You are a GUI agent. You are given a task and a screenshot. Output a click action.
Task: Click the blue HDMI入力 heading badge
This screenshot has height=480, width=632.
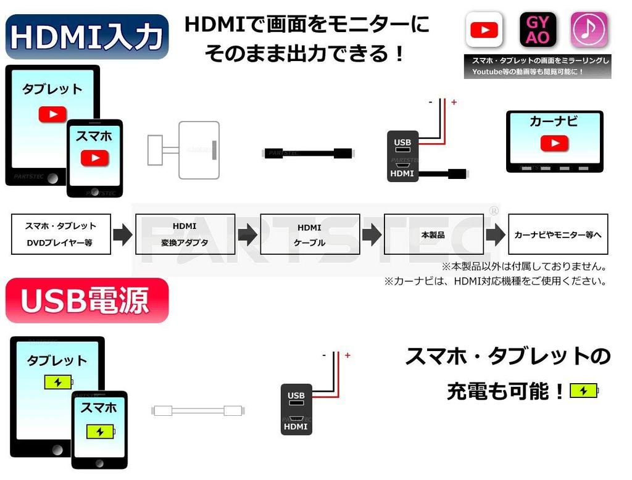coord(86,36)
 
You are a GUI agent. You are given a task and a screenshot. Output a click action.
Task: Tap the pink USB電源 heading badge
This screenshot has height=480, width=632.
coord(86,300)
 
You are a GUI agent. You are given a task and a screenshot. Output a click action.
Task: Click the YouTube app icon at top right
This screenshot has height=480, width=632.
coord(484,30)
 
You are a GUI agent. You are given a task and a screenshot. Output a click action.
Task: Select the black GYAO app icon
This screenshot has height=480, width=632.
coord(538,30)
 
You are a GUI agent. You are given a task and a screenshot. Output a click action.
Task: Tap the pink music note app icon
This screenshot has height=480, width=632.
coord(589,30)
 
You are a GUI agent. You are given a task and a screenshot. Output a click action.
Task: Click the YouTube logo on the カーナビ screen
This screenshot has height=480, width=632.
coord(554,143)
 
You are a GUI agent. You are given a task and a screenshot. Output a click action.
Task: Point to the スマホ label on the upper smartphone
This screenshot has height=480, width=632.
coord(94,136)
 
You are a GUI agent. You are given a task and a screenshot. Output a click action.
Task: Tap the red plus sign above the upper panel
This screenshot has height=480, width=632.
coord(454,102)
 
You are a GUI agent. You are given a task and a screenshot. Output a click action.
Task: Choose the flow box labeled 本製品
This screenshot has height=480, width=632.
coord(433,234)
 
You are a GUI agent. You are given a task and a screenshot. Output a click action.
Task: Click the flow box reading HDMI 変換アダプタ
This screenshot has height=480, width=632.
coord(185,234)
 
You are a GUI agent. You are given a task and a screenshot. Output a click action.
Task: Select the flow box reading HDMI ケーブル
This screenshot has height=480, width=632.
coord(309,234)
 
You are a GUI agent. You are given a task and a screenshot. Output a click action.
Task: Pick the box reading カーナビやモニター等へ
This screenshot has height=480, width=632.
coord(558,234)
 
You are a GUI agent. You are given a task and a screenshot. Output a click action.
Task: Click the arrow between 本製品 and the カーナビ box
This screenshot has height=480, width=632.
coord(495,235)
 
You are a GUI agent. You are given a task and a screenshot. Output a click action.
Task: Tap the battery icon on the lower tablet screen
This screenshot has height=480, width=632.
coord(57,382)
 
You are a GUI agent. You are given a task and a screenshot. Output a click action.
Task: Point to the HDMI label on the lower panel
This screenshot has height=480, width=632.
coord(296,426)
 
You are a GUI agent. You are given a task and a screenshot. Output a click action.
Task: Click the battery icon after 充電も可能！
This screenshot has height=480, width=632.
coord(584,391)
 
